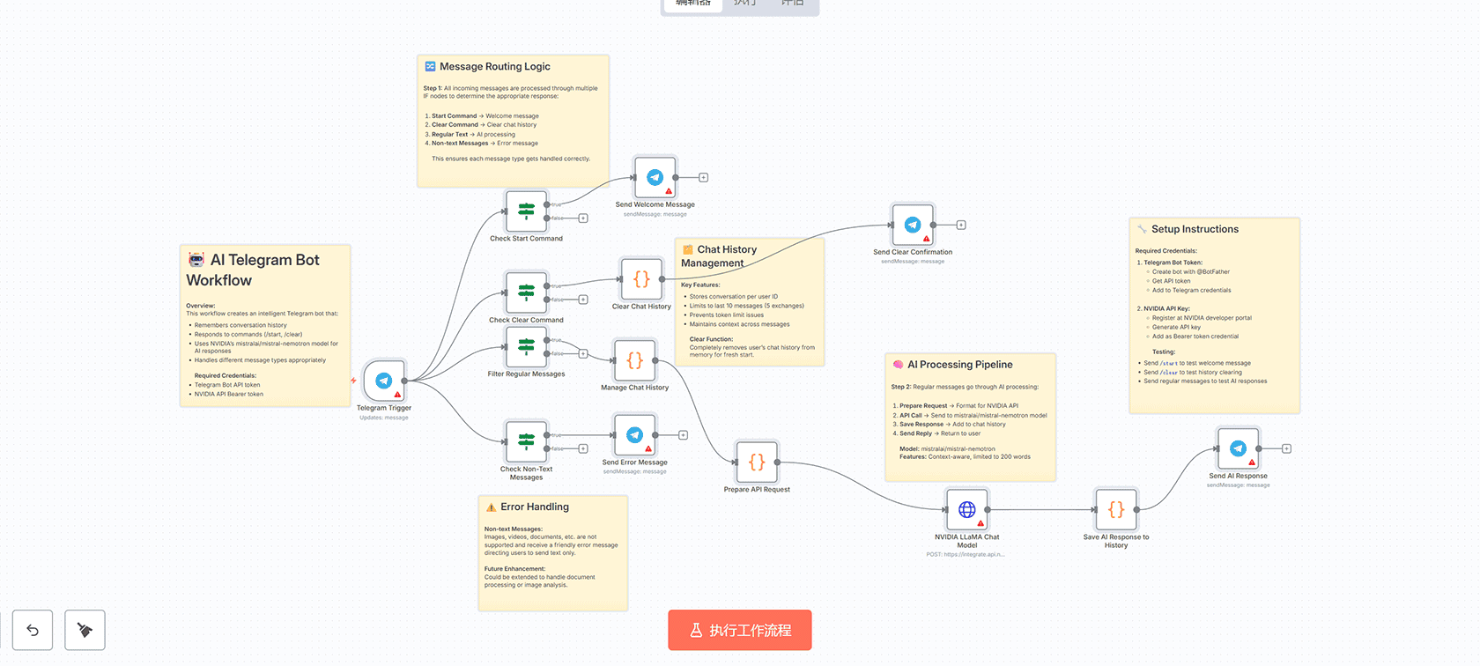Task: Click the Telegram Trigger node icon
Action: point(384,381)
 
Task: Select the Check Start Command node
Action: point(526,211)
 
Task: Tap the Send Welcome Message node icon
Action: point(655,177)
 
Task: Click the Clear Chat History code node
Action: point(641,279)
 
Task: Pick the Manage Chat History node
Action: point(634,360)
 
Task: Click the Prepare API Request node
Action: point(757,462)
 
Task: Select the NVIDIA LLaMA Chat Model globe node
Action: point(966,509)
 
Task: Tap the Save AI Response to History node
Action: point(1115,509)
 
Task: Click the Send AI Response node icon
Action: point(1238,448)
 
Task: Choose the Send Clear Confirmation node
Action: point(913,225)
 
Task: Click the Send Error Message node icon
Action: point(634,435)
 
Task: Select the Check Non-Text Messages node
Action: point(526,441)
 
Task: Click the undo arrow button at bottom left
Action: point(33,630)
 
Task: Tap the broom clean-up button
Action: point(85,630)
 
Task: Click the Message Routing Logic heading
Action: point(494,66)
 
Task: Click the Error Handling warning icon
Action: point(491,507)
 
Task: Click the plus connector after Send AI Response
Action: point(1286,448)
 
